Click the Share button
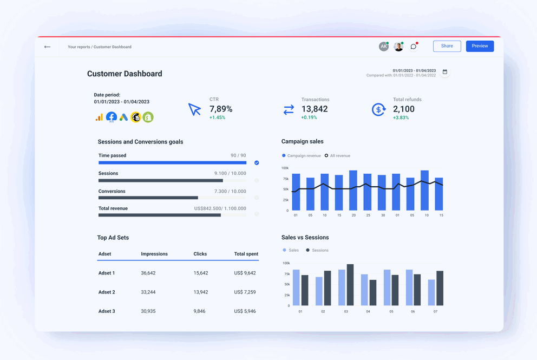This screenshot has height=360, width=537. coord(447,46)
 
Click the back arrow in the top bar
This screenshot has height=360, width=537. coord(48,47)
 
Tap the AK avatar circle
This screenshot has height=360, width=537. coord(383,47)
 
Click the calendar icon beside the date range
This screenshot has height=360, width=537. coord(445,72)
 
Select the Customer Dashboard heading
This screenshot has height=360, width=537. coord(125,74)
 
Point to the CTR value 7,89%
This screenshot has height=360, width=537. coord(221,109)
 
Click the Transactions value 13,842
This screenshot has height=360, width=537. coord(315,109)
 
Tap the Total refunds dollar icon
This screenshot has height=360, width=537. coord(378,109)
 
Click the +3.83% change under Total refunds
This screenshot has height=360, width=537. coord(401,117)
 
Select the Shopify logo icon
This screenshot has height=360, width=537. coord(148,117)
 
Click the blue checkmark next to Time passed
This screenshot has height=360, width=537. coord(257,162)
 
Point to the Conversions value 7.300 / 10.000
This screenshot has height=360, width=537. coord(230,192)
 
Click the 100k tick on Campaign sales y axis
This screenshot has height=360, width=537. coord(285,168)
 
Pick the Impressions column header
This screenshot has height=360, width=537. coord(154,254)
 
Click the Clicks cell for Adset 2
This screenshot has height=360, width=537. coord(201,292)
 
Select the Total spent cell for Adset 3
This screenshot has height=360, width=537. coord(245,311)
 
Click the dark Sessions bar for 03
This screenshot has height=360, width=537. coord(350,285)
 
